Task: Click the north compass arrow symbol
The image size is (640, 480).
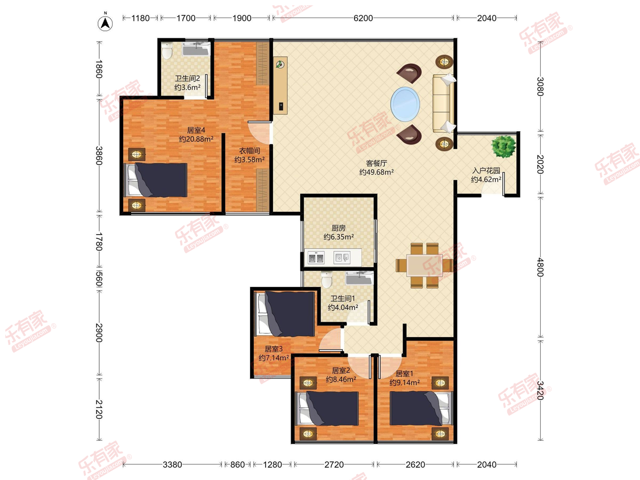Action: (105, 23)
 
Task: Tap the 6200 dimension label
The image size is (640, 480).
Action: (363, 18)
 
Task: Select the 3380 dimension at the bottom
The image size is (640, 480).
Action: (172, 464)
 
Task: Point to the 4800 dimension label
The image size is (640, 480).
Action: (540, 267)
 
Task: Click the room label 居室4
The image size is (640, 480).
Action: (196, 130)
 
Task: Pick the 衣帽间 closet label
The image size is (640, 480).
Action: (250, 151)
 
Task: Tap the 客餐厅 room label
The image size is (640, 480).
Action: (377, 163)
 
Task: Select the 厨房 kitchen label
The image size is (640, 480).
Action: (339, 228)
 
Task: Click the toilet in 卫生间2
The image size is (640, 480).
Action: (167, 51)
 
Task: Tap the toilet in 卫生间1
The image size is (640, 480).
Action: (326, 280)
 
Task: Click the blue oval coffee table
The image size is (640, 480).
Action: (405, 105)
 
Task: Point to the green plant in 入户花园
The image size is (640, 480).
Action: (503, 147)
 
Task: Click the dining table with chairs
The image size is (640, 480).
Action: (424, 266)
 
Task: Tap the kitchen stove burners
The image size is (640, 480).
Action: (316, 258)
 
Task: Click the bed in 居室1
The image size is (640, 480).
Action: (421, 409)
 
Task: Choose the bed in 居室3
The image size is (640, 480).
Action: (285, 314)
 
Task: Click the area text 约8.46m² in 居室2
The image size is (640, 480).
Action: (341, 379)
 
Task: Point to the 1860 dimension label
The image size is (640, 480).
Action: (99, 69)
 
